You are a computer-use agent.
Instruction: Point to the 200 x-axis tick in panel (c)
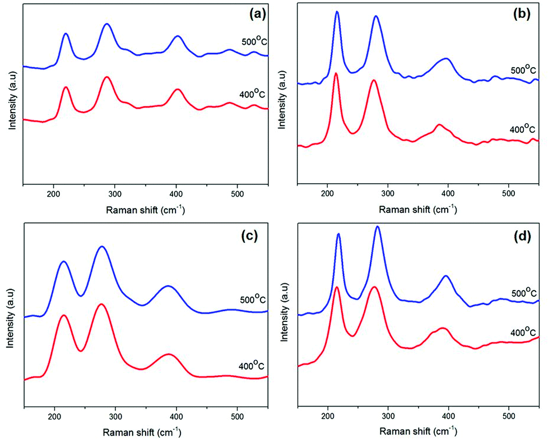tap(54, 417)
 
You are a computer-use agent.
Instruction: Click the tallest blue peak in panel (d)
tap(378, 227)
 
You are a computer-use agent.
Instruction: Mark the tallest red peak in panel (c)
tap(101, 304)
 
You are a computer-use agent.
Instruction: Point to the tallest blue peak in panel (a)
tap(106, 24)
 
